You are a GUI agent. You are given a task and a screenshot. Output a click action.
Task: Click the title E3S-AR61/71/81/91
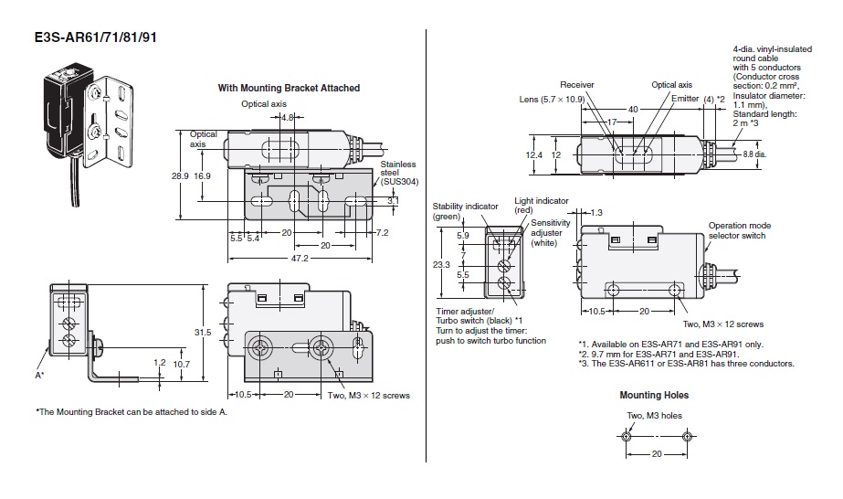87,39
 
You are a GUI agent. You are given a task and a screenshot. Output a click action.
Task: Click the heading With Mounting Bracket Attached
289,88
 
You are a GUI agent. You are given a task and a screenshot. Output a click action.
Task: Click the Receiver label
577,85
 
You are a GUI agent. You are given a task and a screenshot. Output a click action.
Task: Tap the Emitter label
685,98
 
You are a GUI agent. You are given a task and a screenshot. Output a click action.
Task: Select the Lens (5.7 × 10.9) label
552,99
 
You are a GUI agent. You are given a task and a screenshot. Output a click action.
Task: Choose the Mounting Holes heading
654,395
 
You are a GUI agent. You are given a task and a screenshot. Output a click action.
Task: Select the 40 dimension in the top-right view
632,108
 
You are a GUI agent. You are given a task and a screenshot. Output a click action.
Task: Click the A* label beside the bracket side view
39,374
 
